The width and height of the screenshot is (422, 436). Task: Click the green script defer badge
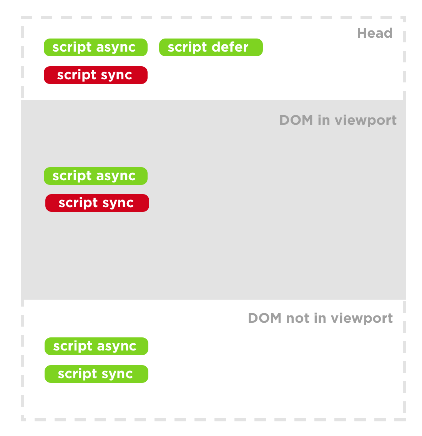click(x=211, y=47)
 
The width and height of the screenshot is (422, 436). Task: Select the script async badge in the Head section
click(x=95, y=47)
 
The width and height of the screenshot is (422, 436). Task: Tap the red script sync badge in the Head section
click(x=95, y=75)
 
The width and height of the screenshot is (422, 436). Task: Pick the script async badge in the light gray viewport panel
click(x=95, y=176)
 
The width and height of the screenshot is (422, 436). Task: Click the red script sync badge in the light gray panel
click(x=97, y=203)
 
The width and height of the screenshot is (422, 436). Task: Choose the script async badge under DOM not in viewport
click(x=96, y=346)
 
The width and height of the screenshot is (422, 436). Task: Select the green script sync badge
click(x=96, y=374)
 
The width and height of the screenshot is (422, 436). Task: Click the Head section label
click(x=375, y=33)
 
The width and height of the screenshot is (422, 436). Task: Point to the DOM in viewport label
click(x=338, y=120)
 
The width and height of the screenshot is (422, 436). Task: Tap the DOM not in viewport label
click(x=321, y=318)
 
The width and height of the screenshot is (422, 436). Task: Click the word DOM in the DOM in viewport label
click(x=296, y=120)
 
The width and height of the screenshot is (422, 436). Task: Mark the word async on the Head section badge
click(x=116, y=47)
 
